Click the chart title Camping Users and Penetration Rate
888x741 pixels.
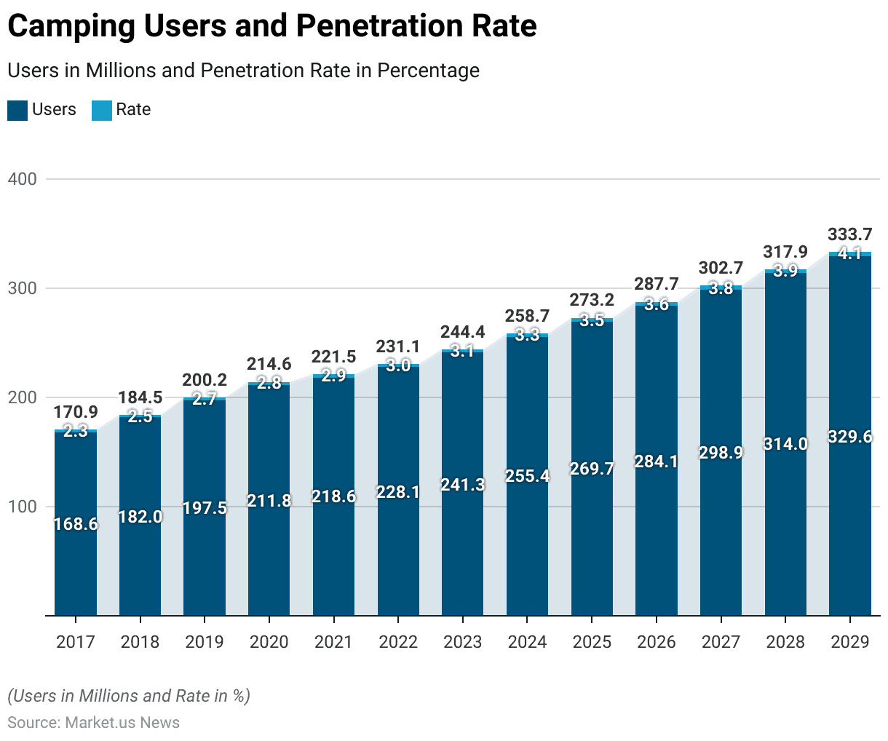[272, 26]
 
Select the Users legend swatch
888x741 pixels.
[17, 111]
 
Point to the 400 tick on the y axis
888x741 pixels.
[22, 179]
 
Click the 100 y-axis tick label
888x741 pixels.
[22, 507]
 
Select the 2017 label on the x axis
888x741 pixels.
[76, 642]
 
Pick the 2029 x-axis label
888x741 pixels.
[850, 642]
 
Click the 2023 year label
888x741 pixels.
[463, 642]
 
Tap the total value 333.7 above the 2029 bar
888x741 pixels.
[849, 234]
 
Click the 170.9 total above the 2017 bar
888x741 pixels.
[76, 413]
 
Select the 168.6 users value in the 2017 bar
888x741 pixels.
[76, 524]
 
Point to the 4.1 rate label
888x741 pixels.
[849, 253]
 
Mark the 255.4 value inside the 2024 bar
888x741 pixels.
[528, 476]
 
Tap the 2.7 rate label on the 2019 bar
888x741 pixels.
[205, 399]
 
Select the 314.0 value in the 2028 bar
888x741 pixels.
[785, 444]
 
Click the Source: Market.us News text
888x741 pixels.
[93, 723]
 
